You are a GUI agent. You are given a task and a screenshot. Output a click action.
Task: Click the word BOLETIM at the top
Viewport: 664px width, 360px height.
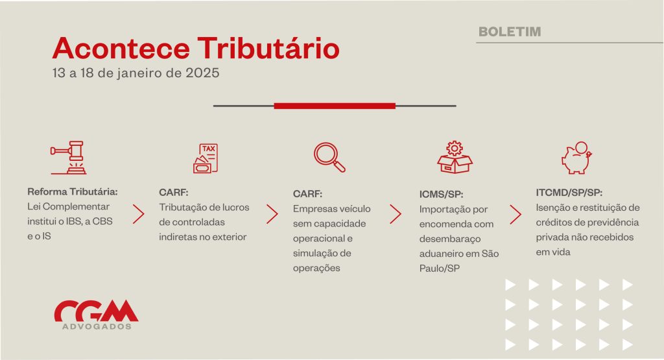point(510,32)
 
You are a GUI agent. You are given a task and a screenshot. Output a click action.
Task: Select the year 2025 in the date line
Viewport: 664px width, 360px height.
point(202,73)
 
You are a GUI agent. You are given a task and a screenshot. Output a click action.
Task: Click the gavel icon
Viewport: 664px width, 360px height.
point(69,158)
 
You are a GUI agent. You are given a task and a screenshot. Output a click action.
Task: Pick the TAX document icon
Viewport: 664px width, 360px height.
point(206,158)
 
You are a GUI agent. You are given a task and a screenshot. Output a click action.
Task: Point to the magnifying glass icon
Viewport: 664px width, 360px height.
point(329,157)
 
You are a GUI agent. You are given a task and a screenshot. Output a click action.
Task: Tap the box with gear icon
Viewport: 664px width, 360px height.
point(455,157)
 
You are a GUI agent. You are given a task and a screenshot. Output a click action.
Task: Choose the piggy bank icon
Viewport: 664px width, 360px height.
point(576,158)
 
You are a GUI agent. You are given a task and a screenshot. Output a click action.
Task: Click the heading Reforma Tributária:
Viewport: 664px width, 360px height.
point(73,192)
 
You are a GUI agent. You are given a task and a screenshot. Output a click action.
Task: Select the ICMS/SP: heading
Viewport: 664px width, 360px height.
point(441,195)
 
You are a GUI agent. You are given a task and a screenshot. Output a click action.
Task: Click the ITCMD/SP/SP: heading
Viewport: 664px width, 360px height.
point(569,193)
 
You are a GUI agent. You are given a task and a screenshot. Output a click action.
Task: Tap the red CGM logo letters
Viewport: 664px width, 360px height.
point(96,311)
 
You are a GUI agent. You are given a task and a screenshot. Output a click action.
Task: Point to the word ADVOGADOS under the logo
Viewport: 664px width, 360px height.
point(97,326)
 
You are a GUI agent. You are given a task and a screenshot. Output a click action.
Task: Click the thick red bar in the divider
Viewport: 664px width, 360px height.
point(335,106)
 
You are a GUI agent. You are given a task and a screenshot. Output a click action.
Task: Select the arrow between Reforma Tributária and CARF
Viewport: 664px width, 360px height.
point(139,214)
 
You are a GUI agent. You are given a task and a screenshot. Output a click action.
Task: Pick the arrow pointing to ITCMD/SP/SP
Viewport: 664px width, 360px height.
point(516,215)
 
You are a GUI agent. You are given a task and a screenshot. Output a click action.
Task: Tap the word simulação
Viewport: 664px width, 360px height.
point(316,253)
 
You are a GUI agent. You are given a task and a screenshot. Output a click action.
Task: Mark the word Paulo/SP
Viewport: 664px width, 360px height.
point(439,269)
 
